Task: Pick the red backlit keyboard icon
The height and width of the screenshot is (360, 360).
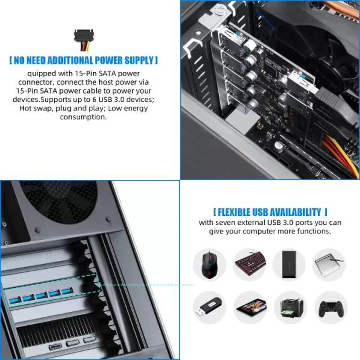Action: [x=250, y=264]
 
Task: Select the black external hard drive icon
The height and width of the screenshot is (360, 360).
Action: [x=289, y=264]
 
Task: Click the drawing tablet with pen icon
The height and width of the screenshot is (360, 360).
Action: [x=329, y=264]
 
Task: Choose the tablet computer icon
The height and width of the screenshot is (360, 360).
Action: [x=250, y=307]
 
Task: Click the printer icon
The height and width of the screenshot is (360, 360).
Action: [x=289, y=307]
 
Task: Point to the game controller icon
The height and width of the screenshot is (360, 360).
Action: [x=329, y=307]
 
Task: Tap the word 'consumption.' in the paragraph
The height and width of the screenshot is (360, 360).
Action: [x=83, y=117]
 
